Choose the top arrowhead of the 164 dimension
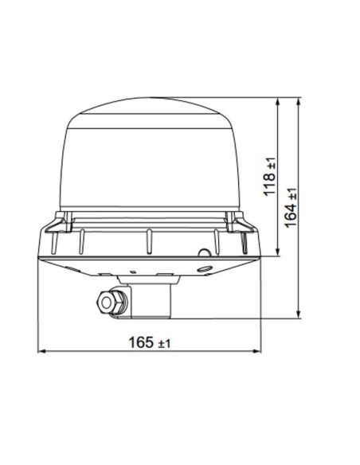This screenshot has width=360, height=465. tap(298, 104)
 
